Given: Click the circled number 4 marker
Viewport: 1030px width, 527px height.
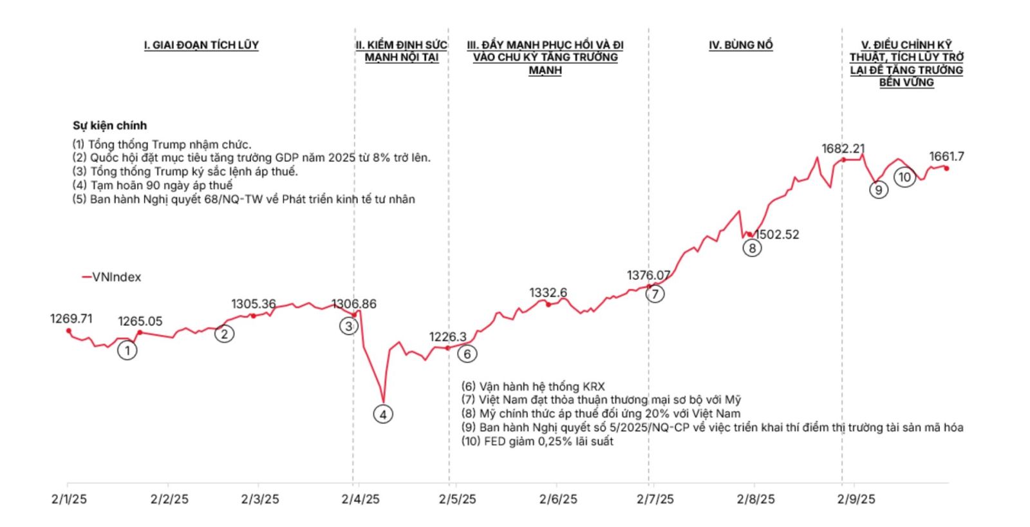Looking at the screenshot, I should pyautogui.click(x=383, y=414).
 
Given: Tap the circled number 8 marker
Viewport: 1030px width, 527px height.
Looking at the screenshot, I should pyautogui.click(x=751, y=247).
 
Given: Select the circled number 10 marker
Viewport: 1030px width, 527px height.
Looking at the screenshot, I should pyautogui.click(x=904, y=177).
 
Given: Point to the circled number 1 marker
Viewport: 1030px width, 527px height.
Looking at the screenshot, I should pyautogui.click(x=127, y=350).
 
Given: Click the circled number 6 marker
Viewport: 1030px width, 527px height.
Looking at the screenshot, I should pyautogui.click(x=467, y=353).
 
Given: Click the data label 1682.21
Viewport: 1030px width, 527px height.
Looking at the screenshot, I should pyautogui.click(x=843, y=149).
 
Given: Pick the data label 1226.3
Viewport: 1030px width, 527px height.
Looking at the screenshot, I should pyautogui.click(x=448, y=336).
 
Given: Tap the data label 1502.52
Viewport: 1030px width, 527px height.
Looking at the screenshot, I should pyautogui.click(x=777, y=235).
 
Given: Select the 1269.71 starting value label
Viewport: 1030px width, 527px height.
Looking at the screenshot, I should pyautogui.click(x=71, y=318).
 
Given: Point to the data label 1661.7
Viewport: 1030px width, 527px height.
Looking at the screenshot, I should pyautogui.click(x=946, y=157).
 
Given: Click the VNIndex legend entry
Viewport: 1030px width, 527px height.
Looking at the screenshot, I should pyautogui.click(x=111, y=277).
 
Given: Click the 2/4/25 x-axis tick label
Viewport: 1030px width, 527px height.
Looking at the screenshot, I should pyautogui.click(x=360, y=499).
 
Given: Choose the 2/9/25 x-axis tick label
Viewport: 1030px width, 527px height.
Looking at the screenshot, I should pyautogui.click(x=856, y=499).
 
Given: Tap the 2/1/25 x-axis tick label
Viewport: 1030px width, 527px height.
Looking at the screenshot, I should pyautogui.click(x=69, y=499).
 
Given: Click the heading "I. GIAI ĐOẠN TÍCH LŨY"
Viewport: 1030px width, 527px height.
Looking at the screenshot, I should pyautogui.click(x=201, y=45).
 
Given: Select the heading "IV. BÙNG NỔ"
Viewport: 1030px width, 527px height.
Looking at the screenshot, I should pyautogui.click(x=740, y=45).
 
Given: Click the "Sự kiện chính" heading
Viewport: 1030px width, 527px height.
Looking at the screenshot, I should pyautogui.click(x=109, y=126).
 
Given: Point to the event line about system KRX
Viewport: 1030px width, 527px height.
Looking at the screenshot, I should pyautogui.click(x=533, y=387).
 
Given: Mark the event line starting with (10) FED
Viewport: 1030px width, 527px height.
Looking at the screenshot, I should pyautogui.click(x=537, y=441).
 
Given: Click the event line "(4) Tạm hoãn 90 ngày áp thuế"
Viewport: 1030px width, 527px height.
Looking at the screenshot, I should pyautogui.click(x=153, y=186).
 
